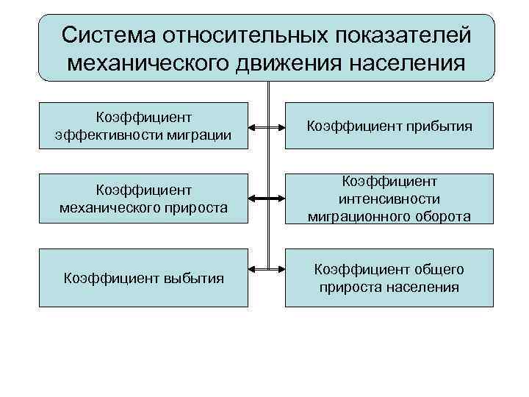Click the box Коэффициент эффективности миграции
143,126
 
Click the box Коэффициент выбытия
143,277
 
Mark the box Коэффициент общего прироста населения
389,277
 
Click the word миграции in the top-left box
201,135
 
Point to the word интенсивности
389,199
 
